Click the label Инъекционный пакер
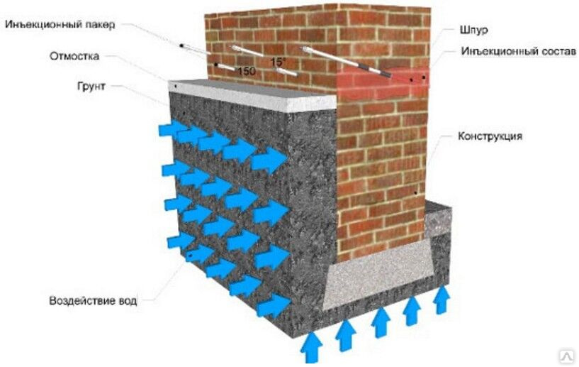(60, 25)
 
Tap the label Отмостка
(74, 56)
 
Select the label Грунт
(91, 86)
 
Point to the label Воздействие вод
(93, 300)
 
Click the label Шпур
(474, 30)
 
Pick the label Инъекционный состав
(519, 51)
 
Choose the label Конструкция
(490, 136)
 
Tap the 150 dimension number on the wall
(247, 70)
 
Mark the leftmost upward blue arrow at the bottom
(311, 347)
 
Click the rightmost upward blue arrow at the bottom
(441, 300)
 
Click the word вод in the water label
(128, 300)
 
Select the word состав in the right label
(558, 51)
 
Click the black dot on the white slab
(176, 86)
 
